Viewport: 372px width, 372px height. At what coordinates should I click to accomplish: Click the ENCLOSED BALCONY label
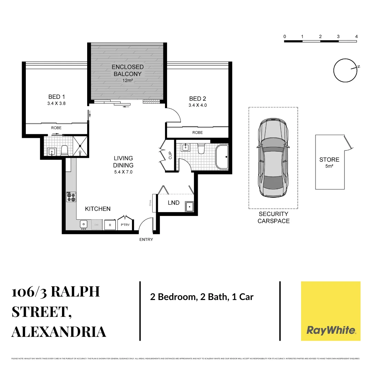[127, 70]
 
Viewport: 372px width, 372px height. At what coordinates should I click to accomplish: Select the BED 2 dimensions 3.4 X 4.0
[198, 105]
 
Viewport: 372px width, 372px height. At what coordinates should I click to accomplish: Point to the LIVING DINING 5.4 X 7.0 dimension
[123, 172]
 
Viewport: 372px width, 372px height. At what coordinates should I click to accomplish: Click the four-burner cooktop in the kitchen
[71, 197]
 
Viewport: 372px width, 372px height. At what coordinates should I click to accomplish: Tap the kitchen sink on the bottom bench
[84, 225]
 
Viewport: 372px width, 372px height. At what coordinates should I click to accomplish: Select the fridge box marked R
[110, 225]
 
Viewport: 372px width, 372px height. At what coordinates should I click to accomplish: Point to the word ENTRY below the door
[146, 239]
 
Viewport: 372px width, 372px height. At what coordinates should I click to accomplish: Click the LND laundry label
[174, 203]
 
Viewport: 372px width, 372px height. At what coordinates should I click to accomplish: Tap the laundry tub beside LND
[189, 206]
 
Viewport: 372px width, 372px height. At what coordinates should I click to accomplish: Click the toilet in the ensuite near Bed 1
[64, 150]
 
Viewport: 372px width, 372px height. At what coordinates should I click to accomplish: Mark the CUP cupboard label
[170, 155]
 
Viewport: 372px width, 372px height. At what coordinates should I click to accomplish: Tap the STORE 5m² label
[329, 162]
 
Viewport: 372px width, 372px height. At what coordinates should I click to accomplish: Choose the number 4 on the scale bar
[356, 37]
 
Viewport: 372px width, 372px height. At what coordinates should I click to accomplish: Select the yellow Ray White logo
[331, 311]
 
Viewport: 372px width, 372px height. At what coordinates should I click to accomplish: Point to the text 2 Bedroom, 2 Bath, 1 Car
[201, 297]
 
